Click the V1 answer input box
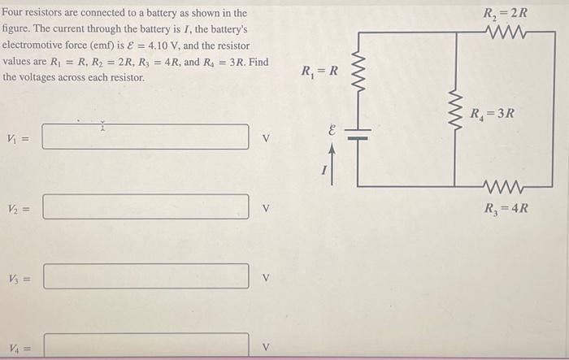coord(146,137)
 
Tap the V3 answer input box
coord(146,275)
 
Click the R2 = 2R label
coord(505,13)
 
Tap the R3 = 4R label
coord(506,207)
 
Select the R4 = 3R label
coord(492,113)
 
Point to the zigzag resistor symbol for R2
coord(506,33)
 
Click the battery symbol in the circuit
coord(358,137)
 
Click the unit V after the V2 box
coord(264,207)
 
